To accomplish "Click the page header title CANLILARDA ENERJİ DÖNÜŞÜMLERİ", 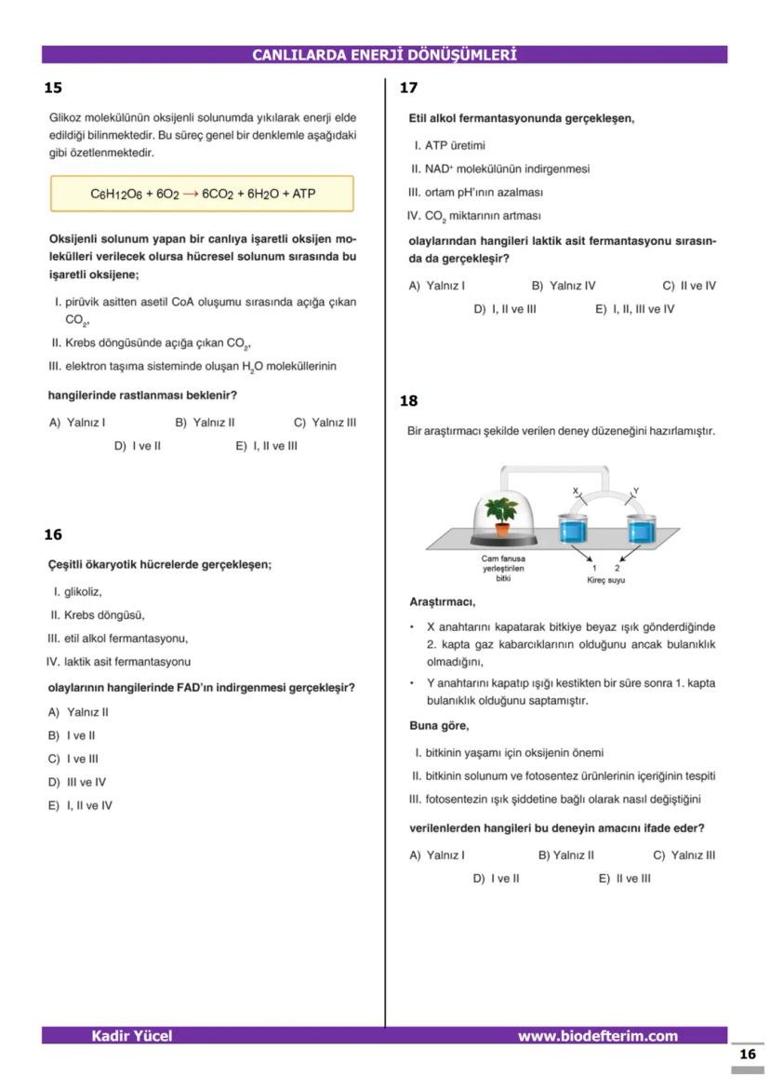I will click(x=384, y=55).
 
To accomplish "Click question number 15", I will click(x=53, y=88).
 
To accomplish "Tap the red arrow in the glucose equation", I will click(x=190, y=195).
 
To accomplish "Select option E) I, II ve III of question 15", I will click(x=266, y=446).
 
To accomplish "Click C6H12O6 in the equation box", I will click(x=116, y=195).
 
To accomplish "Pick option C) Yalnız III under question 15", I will click(x=325, y=423).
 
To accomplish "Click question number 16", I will click(x=53, y=534).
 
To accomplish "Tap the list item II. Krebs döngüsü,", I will click(x=98, y=615).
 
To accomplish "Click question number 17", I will click(x=408, y=88).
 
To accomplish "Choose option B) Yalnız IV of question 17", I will click(x=564, y=286).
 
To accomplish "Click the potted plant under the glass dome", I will click(x=503, y=516).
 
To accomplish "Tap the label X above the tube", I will click(x=575, y=491).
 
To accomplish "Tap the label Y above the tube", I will click(x=635, y=491).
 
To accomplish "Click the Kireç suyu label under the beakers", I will click(x=605, y=580).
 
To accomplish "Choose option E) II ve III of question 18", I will click(x=624, y=878).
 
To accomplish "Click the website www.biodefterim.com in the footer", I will click(x=597, y=1036).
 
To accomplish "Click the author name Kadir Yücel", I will click(x=131, y=1036).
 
